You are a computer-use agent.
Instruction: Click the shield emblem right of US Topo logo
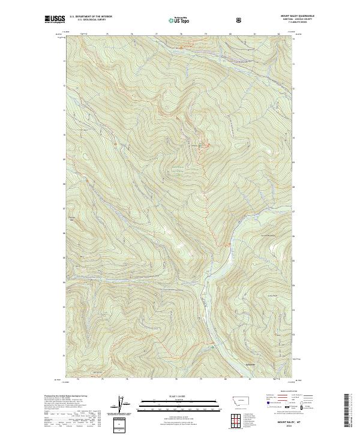(241, 20)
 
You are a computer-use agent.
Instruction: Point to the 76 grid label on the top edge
(131, 34)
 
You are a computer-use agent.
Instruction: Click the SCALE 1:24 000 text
(171, 395)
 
